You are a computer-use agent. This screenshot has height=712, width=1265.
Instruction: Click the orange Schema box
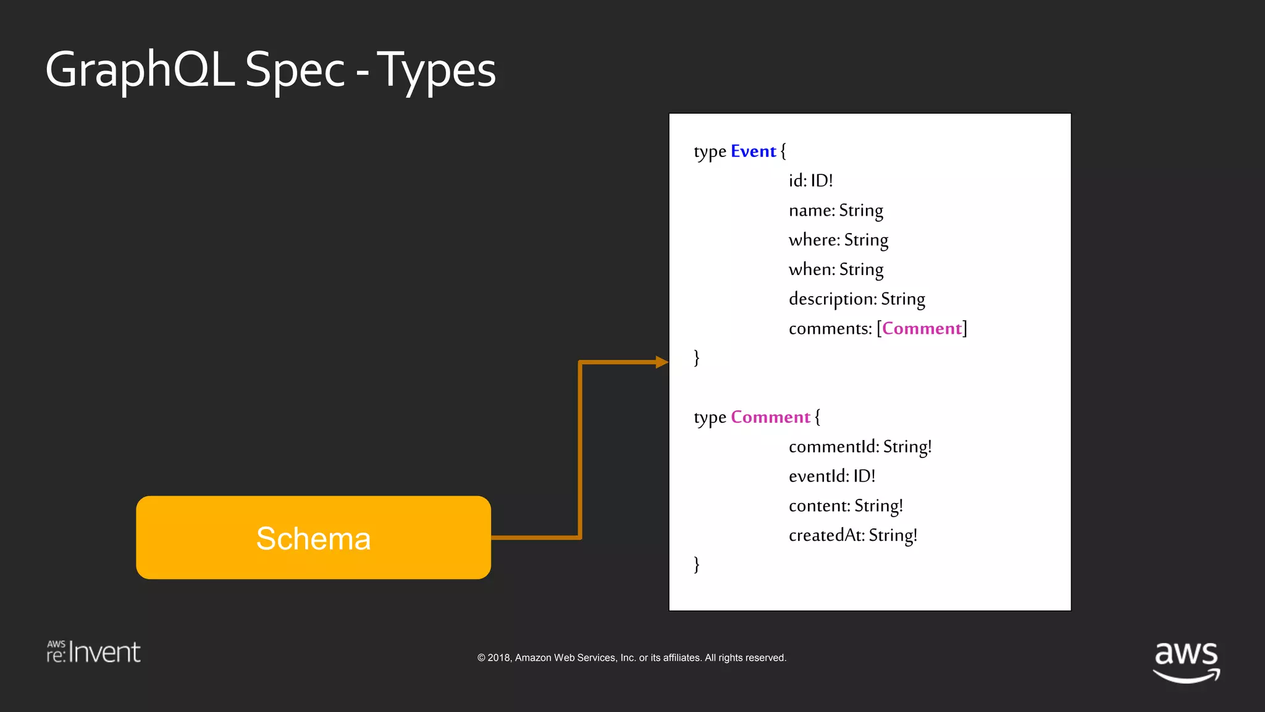(x=313, y=537)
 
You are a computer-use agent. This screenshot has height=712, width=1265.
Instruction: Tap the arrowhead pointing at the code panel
(x=662, y=362)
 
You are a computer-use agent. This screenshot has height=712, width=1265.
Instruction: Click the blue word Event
(x=753, y=151)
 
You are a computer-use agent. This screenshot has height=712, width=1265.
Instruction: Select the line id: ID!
(x=810, y=180)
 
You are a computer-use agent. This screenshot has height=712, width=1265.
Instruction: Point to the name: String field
(x=836, y=211)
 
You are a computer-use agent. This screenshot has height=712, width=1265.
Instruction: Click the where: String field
(x=838, y=240)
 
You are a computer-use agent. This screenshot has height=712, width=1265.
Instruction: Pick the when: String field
(x=836, y=269)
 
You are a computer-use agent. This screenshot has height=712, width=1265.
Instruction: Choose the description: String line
(x=857, y=299)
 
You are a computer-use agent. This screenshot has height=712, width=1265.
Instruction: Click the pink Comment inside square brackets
(x=922, y=328)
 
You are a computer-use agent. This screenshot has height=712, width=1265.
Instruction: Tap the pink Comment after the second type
(x=770, y=417)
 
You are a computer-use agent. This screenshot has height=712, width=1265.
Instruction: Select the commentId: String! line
(x=860, y=447)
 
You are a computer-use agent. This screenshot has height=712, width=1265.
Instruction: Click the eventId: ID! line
(x=831, y=476)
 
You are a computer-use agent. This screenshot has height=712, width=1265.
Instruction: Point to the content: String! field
(x=846, y=506)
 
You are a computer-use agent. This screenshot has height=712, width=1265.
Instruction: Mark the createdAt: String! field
(x=852, y=535)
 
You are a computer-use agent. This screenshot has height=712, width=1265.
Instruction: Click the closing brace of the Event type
(x=697, y=358)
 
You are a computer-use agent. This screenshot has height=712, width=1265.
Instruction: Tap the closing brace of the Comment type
(x=697, y=564)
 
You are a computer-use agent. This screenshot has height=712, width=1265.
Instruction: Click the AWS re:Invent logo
(x=94, y=652)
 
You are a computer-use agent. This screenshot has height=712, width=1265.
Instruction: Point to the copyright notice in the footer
(x=631, y=658)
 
